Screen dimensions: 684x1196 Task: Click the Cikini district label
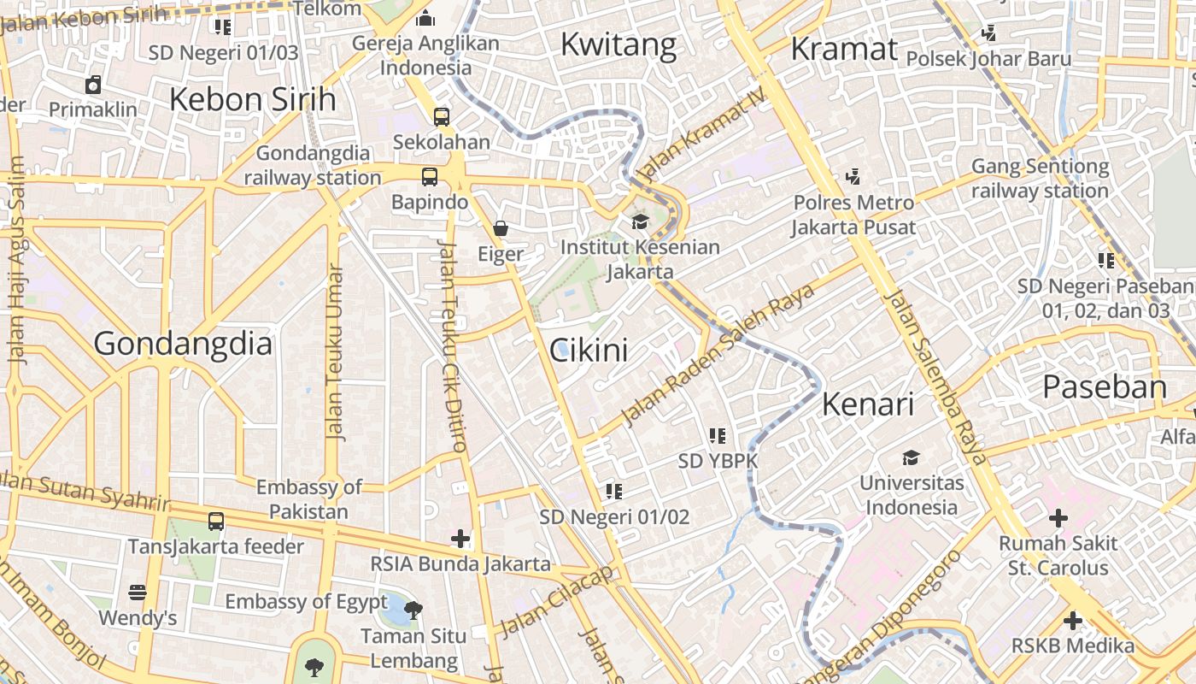tap(589, 350)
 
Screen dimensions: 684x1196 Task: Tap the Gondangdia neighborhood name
tap(183, 344)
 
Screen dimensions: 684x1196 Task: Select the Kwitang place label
tap(619, 44)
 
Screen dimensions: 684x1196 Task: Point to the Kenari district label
tap(868, 404)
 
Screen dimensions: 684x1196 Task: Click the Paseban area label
tap(1105, 387)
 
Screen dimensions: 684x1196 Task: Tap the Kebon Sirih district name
tap(253, 99)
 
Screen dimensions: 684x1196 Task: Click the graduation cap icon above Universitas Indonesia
tap(912, 457)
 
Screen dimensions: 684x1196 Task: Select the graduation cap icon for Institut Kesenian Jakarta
tap(640, 222)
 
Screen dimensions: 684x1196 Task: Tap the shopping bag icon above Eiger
tap(501, 228)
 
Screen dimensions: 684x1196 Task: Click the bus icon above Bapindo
tap(430, 177)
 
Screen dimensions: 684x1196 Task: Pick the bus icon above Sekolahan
tap(442, 117)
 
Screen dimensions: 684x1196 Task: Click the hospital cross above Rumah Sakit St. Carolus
tap(1058, 517)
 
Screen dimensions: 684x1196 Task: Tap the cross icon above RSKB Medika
tap(1073, 621)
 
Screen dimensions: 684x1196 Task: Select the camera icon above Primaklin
tap(93, 85)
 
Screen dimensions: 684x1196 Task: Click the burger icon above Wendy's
tap(138, 592)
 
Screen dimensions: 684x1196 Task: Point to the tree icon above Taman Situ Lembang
tap(413, 610)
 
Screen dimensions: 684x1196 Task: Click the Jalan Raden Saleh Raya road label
tap(718, 355)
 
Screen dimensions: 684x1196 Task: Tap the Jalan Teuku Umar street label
tap(335, 352)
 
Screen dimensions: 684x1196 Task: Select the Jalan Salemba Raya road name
tap(936, 376)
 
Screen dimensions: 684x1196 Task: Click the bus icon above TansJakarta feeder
tap(216, 521)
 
